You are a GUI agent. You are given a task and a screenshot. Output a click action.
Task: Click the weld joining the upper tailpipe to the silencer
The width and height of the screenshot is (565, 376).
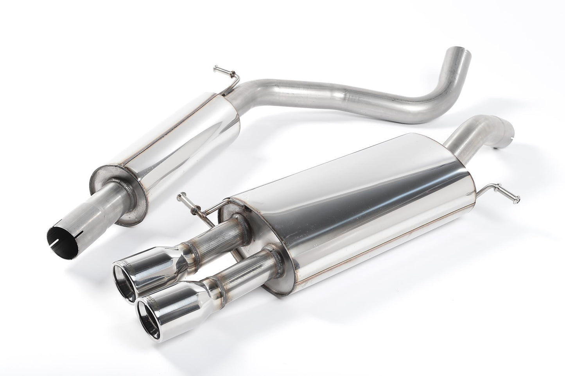coord(242,223)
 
